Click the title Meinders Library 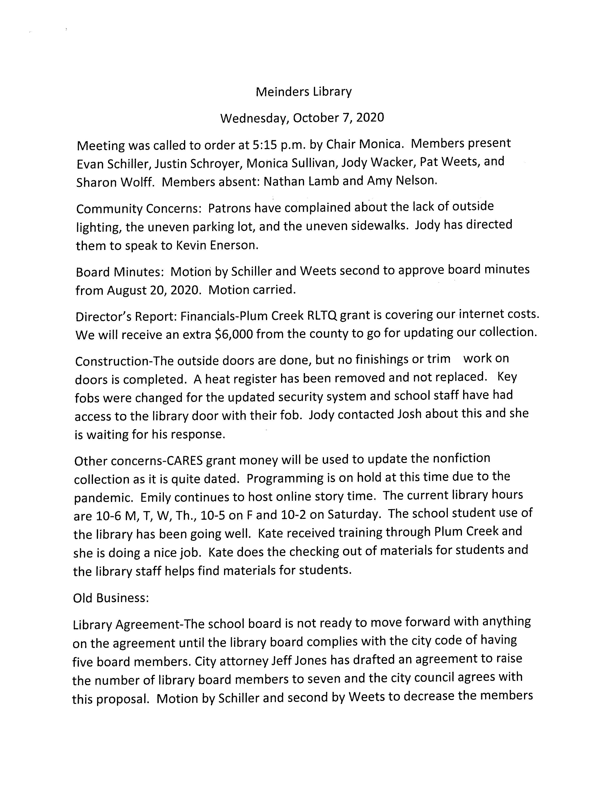point(303,92)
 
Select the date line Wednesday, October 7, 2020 point(302,118)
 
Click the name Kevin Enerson point(216,246)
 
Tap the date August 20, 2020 point(154,290)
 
